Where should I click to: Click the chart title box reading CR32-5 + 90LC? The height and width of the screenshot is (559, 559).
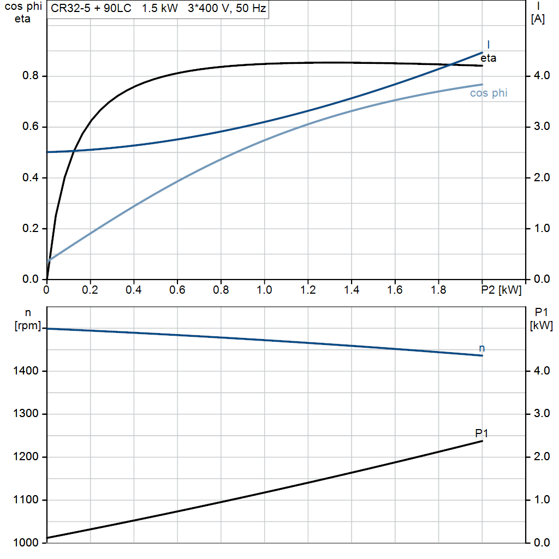[x=158, y=9]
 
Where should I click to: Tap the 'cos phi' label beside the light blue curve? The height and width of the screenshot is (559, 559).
[x=489, y=93]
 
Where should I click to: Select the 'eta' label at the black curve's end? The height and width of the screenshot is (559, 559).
[x=489, y=58]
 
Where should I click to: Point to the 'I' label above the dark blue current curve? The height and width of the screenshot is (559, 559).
[x=488, y=44]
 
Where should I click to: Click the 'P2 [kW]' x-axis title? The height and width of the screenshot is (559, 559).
[x=502, y=290]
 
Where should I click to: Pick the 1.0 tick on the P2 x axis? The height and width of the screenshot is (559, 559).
[x=264, y=290]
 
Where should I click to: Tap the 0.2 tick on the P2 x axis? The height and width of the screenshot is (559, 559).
[x=91, y=290]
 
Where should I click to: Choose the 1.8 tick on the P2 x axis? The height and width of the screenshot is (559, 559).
[x=438, y=290]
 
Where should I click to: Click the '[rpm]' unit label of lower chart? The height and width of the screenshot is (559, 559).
[x=27, y=326]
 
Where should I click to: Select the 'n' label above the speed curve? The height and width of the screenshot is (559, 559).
[x=481, y=348]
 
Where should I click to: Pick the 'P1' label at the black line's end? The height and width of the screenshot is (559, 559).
[x=481, y=433]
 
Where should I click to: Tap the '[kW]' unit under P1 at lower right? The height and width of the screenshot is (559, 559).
[x=541, y=326]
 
